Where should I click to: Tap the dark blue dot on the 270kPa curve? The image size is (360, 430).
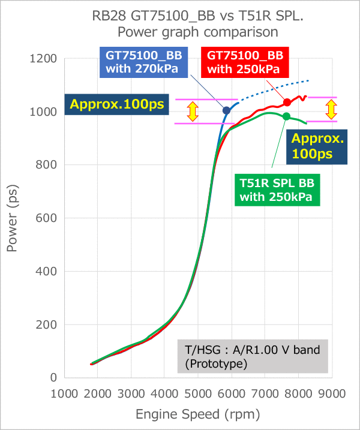coord(226,110)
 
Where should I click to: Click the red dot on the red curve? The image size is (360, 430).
coord(287,103)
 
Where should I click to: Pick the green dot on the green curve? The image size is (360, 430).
coord(286,116)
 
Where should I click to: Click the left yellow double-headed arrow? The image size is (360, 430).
coord(192,111)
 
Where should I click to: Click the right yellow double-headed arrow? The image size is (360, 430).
coord(331,109)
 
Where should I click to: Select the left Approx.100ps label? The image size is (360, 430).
coord(118,104)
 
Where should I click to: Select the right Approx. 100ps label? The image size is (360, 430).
coord(318,146)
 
